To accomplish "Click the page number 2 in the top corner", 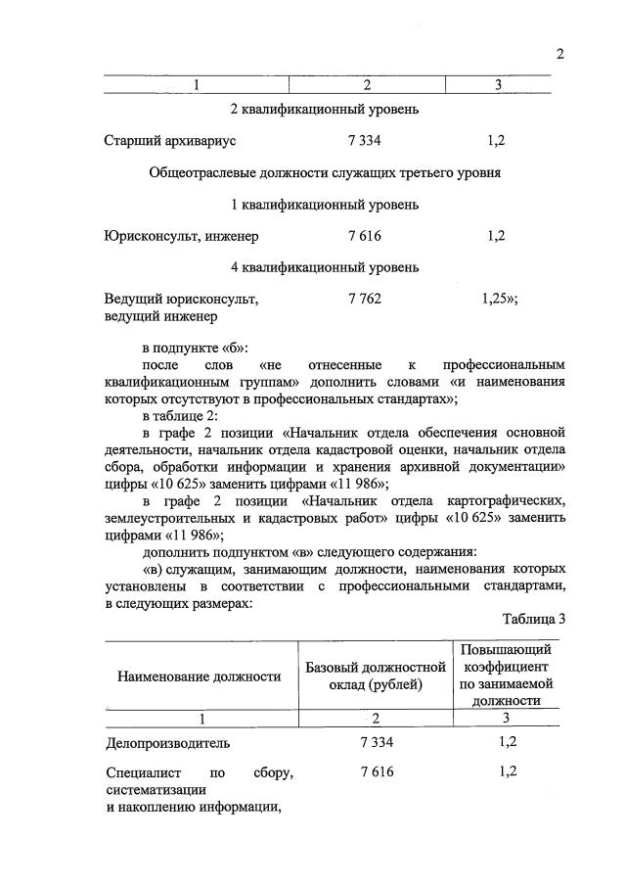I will pyautogui.click(x=560, y=54).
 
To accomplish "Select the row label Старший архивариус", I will pyautogui.click(x=170, y=141).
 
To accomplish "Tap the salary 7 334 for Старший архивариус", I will pyautogui.click(x=364, y=141).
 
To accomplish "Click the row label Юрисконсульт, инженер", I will pyautogui.click(x=181, y=236).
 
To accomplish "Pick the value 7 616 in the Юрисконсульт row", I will pyautogui.click(x=364, y=236).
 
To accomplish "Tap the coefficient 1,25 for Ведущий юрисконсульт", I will pyautogui.click(x=497, y=300).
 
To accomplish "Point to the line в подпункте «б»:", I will pyautogui.click(x=196, y=349).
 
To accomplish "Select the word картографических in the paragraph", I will pyautogui.click(x=512, y=496).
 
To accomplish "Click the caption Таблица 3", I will pyautogui.click(x=534, y=619).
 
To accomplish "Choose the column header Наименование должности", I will pyautogui.click(x=193, y=676).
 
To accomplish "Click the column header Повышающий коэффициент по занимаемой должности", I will pyautogui.click(x=506, y=676).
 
